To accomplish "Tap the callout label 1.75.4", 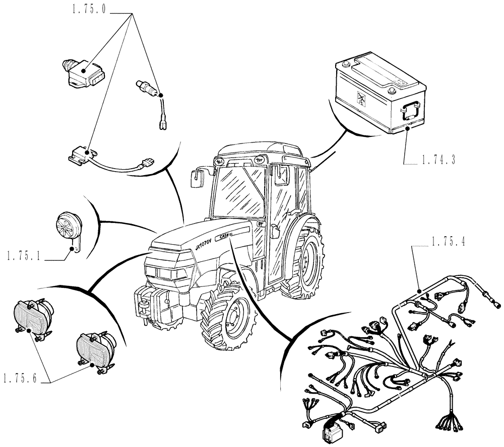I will coord(449,242).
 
